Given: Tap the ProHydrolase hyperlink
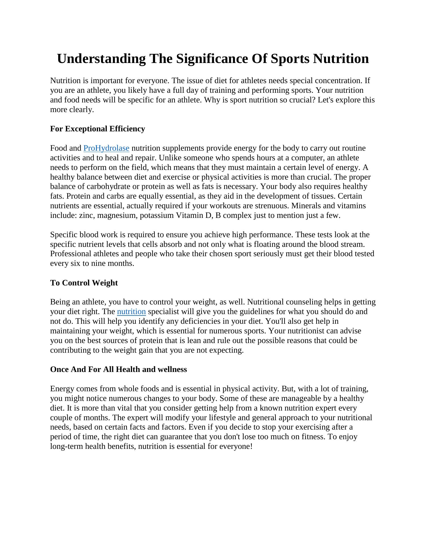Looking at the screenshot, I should (x=106, y=148).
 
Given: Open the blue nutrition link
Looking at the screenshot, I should (x=131, y=312).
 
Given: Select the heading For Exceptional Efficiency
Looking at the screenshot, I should (x=97, y=129).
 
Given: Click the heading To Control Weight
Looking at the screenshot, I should (x=84, y=283).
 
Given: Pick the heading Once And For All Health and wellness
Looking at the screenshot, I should (x=118, y=369).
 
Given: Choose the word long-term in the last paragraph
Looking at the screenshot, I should (x=67, y=446).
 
